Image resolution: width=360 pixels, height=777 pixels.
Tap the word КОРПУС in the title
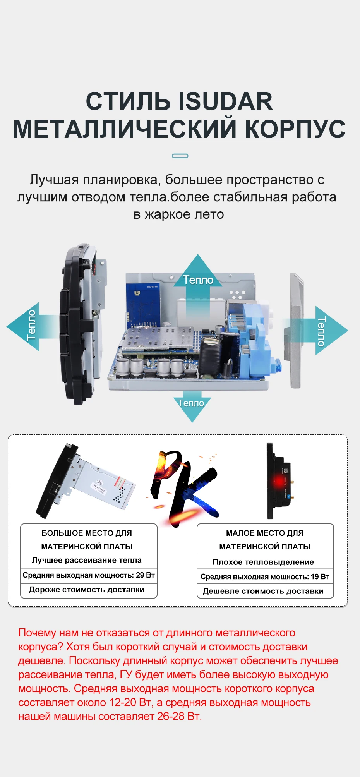(x=295, y=129)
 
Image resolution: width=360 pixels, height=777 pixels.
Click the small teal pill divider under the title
(x=180, y=156)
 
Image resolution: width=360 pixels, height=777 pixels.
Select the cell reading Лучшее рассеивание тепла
(x=87, y=560)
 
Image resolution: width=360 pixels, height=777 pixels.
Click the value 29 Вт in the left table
(x=145, y=575)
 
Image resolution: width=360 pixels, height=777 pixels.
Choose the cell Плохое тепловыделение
(x=263, y=562)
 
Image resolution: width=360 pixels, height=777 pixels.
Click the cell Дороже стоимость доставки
(x=87, y=590)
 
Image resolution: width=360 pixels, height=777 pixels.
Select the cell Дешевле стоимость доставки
(x=263, y=591)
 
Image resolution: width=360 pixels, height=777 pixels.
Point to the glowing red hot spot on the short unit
(x=279, y=482)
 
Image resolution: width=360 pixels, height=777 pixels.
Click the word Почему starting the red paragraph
(x=37, y=633)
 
